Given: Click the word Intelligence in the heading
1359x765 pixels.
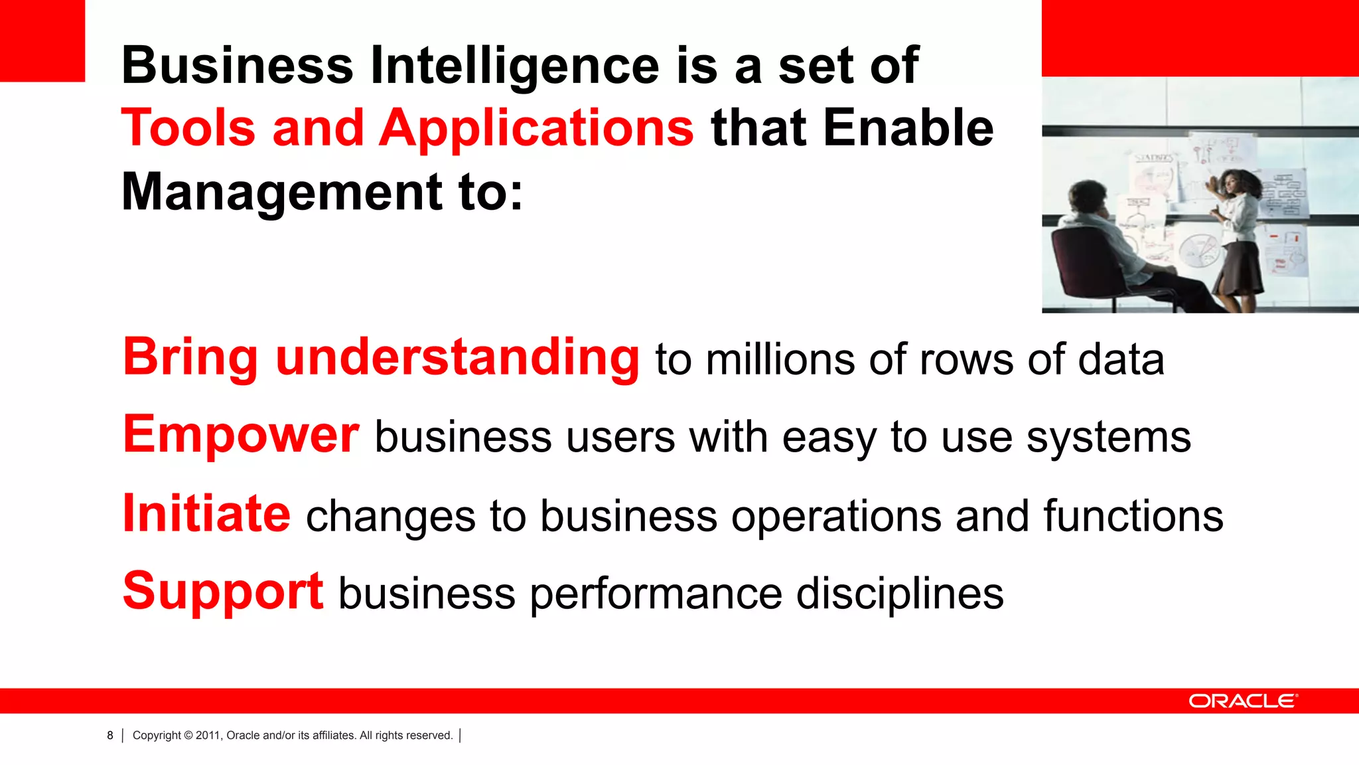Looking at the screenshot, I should [x=514, y=66].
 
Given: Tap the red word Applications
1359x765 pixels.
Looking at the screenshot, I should [x=536, y=129].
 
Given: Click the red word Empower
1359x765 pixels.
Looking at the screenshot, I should [x=241, y=435].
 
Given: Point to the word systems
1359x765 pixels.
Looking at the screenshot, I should [x=1108, y=438].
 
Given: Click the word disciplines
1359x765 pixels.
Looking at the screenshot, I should [x=899, y=594].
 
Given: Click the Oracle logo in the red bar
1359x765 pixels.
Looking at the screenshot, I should [x=1242, y=701].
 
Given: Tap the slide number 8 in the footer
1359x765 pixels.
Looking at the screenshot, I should [x=110, y=736].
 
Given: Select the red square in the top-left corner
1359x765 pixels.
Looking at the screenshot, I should [x=42, y=41].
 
